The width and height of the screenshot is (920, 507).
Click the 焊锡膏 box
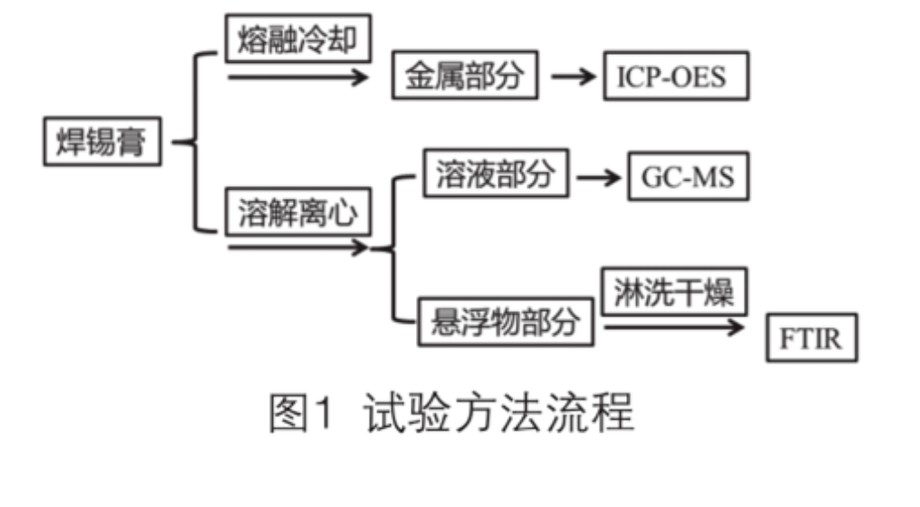click(x=102, y=142)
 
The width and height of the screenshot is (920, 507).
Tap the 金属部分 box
click(x=464, y=76)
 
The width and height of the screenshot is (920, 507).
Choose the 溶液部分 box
click(x=494, y=173)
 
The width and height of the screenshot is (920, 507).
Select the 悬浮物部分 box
click(x=506, y=322)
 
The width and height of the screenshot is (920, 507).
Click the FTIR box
click(x=811, y=338)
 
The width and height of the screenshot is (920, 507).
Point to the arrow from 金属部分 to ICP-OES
click(x=573, y=76)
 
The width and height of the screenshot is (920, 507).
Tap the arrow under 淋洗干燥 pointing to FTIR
click(x=674, y=327)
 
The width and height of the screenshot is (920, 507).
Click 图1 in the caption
click(x=302, y=414)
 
